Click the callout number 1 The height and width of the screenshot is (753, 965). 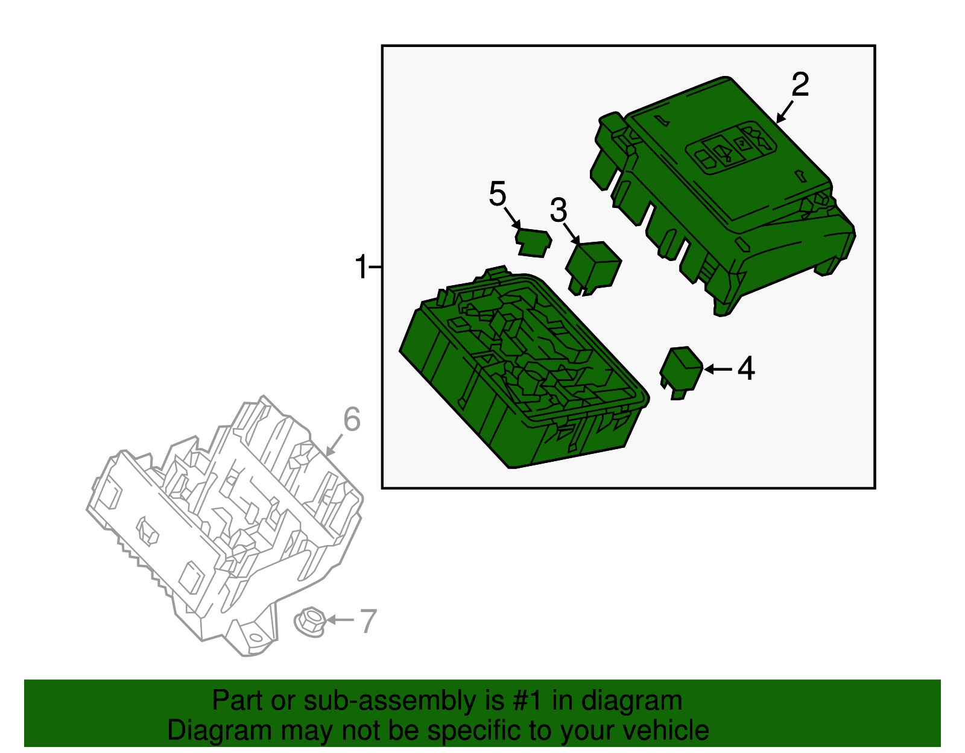pos(361,266)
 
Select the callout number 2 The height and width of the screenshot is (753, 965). pos(800,84)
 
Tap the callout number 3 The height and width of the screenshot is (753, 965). pos(558,210)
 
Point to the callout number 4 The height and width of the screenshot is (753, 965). pos(746,368)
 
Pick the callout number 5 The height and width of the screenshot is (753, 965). pos(498,194)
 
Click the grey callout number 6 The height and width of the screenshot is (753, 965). pos(352,420)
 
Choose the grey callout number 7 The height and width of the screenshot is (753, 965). pos(368,621)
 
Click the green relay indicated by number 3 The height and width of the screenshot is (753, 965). pos(593,268)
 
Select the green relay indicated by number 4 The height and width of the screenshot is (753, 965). pos(681,373)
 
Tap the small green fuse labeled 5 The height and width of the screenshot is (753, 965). pos(533,243)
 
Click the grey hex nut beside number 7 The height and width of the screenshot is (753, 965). pos(310,622)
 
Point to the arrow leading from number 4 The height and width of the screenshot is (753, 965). pos(718,369)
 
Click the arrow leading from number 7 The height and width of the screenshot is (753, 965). pos(340,620)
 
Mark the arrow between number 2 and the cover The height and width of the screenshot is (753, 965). pos(784,112)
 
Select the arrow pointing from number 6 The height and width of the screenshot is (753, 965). pos(334,445)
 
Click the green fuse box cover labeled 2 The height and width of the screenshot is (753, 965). pos(723,195)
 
